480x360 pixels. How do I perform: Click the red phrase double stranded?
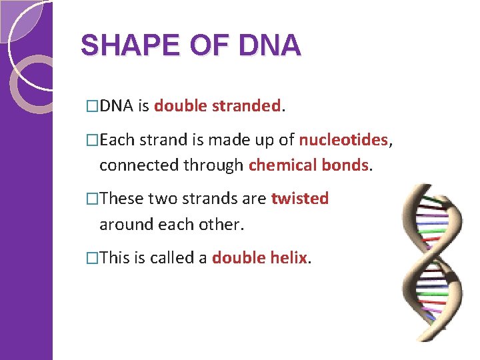pyautogui.click(x=217, y=105)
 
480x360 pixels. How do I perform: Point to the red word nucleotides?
pyautogui.click(x=343, y=139)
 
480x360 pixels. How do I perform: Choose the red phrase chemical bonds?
pyautogui.click(x=308, y=165)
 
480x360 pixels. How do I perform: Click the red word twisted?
pyautogui.click(x=299, y=199)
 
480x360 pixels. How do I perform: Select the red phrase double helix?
pyautogui.click(x=259, y=258)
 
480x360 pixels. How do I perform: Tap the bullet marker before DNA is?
pyautogui.click(x=93, y=106)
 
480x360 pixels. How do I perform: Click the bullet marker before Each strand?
pyautogui.click(x=93, y=140)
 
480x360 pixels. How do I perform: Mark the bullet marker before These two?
pyautogui.click(x=93, y=199)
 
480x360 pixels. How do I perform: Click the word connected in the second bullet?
pyautogui.click(x=138, y=165)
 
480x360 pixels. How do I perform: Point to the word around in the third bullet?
pyautogui.click(x=124, y=225)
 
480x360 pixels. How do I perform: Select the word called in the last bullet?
pyautogui.click(x=172, y=258)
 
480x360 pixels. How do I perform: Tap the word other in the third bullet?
pyautogui.click(x=221, y=225)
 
